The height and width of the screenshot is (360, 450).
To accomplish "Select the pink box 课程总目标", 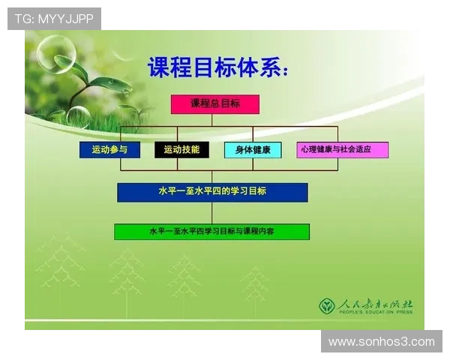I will pos(215,104).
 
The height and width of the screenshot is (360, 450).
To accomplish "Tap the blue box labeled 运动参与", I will pos(109,149).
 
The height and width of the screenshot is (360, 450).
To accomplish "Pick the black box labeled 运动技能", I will pos(181,149).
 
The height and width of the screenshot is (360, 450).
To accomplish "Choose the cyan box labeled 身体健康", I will pos(253,149).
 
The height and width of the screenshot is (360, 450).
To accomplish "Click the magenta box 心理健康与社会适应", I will pos(342,149).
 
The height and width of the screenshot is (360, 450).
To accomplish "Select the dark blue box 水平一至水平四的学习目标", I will pos(212,192).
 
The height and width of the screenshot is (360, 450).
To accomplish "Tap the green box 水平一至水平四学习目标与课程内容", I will pos(211,232).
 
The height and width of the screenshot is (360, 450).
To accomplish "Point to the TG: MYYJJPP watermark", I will pos(54,19).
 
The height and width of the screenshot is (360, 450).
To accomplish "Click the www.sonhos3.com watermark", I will pos(381,342).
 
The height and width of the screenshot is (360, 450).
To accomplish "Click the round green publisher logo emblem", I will pos(327,305).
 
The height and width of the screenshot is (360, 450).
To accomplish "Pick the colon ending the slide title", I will pos(283,69).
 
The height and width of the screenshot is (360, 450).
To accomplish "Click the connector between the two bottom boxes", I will pos(212,213).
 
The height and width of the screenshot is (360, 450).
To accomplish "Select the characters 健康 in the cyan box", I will pos(262,149).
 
